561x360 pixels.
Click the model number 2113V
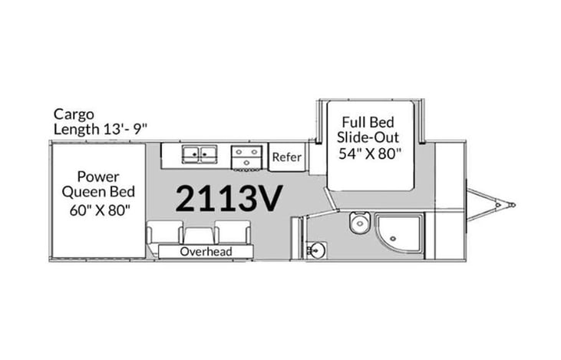[x=229, y=198]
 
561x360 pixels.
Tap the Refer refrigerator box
[x=286, y=157]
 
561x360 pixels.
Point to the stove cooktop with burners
[x=247, y=157]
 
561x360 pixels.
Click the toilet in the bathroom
[x=358, y=224]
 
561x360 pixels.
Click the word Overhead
[x=205, y=252]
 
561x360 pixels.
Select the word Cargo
[x=74, y=114]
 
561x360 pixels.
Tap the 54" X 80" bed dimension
[x=371, y=152]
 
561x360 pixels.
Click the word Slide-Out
[x=371, y=137]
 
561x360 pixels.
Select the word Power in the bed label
[x=97, y=176]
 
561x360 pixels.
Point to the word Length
[x=75, y=129]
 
